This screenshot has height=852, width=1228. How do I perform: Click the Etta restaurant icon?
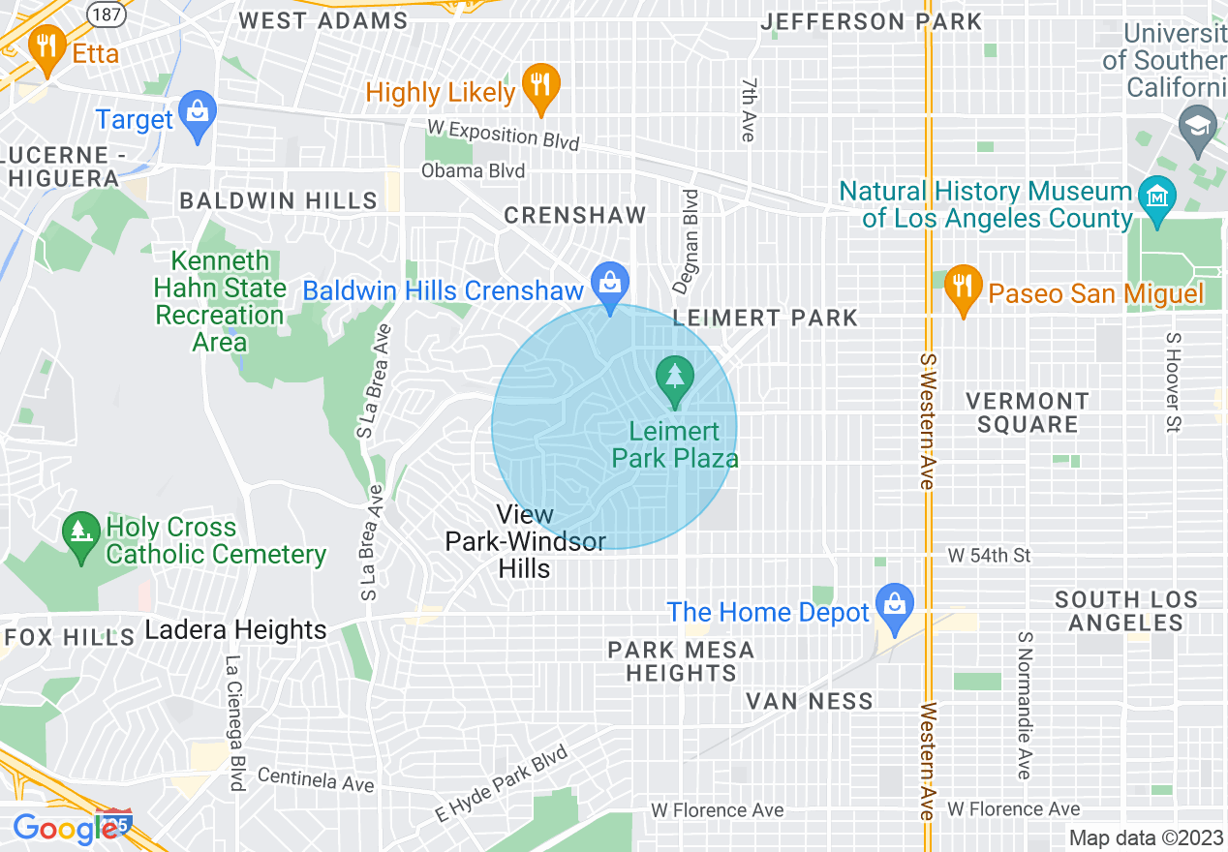[x=46, y=46]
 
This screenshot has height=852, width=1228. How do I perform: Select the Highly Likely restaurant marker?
[x=541, y=85]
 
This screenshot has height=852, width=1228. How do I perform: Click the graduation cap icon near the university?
[x=1198, y=128]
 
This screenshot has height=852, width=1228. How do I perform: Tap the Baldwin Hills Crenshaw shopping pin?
[x=610, y=284]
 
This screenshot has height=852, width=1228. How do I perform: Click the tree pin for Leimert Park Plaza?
[x=675, y=376]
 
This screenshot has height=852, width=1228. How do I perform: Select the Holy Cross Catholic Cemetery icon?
[x=80, y=532]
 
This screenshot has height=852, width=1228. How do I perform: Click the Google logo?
[x=64, y=829]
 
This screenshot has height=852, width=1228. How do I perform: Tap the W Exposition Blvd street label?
[x=504, y=135]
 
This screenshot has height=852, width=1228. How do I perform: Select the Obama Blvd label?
[x=473, y=171]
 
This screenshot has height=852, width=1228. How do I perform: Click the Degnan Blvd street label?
[x=690, y=241]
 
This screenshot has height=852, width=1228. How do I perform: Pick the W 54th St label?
[x=990, y=555]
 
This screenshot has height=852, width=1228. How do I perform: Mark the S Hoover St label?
[x=1173, y=382]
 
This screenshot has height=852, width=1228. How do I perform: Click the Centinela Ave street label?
[x=316, y=779]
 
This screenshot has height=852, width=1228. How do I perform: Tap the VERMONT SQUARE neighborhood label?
[x=1027, y=412]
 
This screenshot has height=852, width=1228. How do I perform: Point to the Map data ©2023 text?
[x=1146, y=837]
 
